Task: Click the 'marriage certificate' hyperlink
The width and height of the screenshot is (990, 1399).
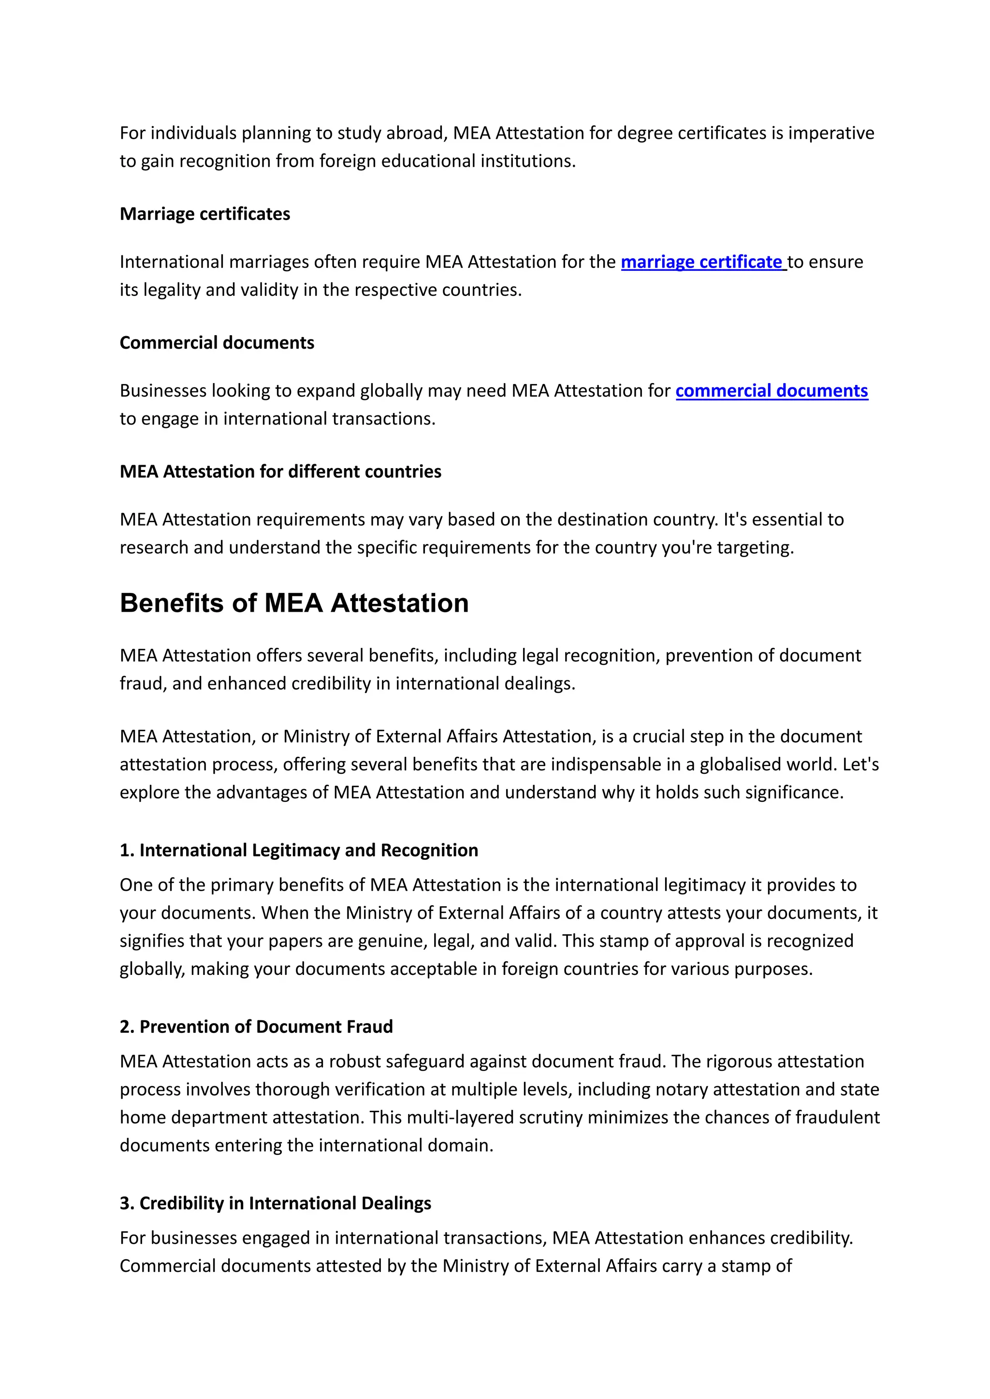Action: point(702,262)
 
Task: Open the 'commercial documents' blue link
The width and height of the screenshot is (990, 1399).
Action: point(771,390)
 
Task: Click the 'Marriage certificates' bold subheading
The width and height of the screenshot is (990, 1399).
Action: point(205,214)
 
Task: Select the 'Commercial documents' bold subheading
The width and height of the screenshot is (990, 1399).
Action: point(217,343)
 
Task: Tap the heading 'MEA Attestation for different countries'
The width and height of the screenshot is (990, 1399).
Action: point(280,471)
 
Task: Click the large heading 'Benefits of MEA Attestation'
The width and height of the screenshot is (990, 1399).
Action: point(294,603)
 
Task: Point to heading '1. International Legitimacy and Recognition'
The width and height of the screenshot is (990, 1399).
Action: point(299,850)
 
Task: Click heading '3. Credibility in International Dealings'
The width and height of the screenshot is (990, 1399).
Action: point(275,1203)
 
